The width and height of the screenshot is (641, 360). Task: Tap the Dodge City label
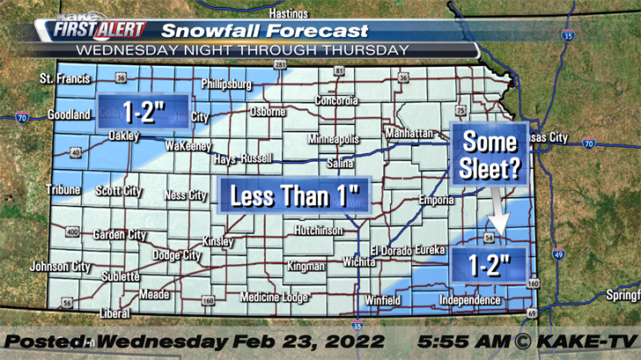click(x=176, y=255)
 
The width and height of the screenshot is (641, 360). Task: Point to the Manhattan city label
click(x=409, y=133)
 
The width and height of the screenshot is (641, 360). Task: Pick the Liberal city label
click(x=115, y=313)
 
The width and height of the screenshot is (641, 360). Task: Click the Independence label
click(x=469, y=300)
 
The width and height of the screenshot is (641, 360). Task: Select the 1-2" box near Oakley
click(x=143, y=111)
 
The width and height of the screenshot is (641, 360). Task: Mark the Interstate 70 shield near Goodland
click(x=22, y=117)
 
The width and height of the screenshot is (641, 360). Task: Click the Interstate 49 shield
click(x=559, y=255)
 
